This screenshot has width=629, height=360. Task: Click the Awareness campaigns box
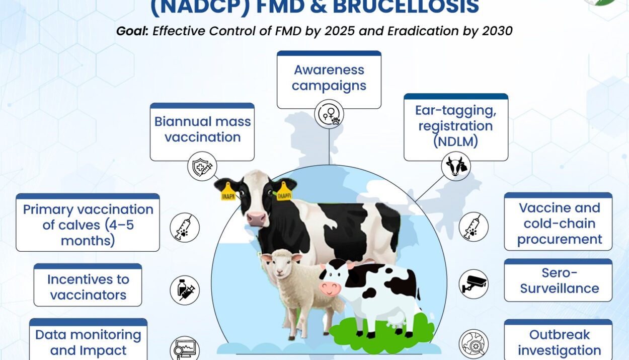click(x=329, y=80)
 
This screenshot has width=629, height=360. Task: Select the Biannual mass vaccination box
click(x=202, y=132)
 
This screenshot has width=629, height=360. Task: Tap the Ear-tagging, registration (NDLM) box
click(x=456, y=127)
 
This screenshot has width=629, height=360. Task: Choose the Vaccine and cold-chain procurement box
click(x=558, y=222)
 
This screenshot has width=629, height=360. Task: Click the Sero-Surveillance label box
click(x=558, y=280)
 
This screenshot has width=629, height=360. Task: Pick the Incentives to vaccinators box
click(x=88, y=285)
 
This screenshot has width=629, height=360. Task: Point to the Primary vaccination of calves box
click(x=88, y=223)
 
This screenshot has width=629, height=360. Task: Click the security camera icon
click(x=474, y=284)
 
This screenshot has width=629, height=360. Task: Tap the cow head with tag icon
click(x=456, y=166)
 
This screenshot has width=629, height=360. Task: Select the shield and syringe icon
click(x=202, y=166)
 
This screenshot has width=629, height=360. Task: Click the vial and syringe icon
click(x=185, y=290)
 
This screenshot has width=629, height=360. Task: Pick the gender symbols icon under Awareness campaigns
click(x=329, y=114)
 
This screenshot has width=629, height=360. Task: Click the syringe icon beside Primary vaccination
click(x=185, y=228)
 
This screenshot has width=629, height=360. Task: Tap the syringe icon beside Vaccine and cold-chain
click(x=474, y=227)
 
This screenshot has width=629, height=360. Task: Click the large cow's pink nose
click(x=256, y=219)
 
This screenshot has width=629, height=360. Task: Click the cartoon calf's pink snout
click(x=330, y=289)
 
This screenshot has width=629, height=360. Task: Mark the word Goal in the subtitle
click(x=132, y=31)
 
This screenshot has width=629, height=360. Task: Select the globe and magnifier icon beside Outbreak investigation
click(x=474, y=344)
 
